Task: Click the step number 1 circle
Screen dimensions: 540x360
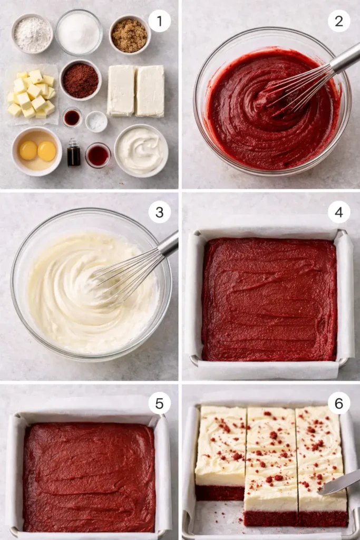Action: pos(159,21)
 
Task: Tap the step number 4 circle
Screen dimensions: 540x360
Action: pos(339,212)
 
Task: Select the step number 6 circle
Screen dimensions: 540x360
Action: pos(339,403)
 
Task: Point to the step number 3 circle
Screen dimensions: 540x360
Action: pos(159,212)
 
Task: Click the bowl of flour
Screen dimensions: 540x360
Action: pos(32,34)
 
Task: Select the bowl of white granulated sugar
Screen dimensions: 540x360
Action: pos(79,32)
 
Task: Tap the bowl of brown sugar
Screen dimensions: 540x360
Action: pos(130,35)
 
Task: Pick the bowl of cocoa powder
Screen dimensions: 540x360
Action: pos(80,80)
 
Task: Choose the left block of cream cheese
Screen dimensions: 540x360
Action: pos(121,90)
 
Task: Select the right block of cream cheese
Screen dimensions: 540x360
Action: pos(150,90)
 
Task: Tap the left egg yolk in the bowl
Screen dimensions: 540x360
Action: pos(28,150)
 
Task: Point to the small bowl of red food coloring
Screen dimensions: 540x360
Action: pos(98,156)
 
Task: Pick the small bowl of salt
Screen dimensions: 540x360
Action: pos(96,122)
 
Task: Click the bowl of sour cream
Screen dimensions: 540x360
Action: pos(141,150)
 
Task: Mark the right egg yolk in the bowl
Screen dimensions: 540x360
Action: pos(46,151)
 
